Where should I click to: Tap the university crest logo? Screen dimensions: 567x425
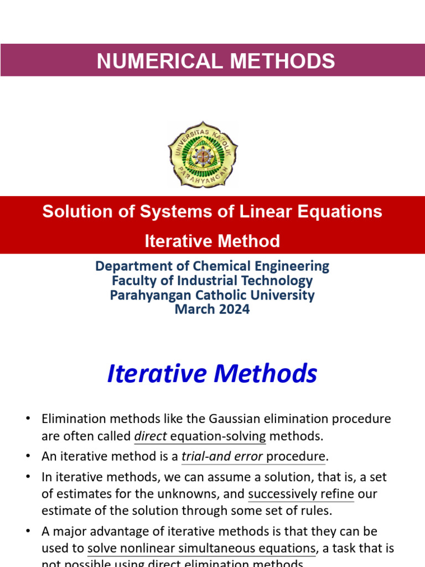203,154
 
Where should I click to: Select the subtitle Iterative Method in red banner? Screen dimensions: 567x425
212,241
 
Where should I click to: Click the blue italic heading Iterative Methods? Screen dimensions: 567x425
212,374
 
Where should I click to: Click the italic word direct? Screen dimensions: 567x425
151,436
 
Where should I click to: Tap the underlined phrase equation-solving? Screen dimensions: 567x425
218,436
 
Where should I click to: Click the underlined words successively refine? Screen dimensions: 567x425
301,494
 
